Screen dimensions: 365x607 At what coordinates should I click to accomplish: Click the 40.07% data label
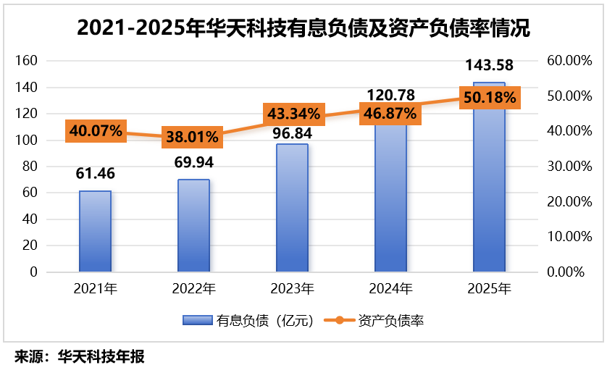tap(95, 131)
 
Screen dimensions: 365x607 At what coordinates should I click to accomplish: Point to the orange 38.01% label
tap(193, 138)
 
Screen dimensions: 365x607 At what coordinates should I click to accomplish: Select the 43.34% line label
tap(293, 114)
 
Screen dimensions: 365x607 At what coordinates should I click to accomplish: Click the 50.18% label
tap(489, 98)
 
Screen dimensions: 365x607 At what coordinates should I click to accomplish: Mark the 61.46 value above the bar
tap(95, 174)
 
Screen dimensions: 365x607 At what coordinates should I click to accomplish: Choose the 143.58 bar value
tap(489, 66)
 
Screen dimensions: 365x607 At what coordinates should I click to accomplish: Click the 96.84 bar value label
tap(292, 134)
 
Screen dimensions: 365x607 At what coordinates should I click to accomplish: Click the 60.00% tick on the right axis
tap(565, 61)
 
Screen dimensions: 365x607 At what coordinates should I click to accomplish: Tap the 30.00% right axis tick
tap(565, 166)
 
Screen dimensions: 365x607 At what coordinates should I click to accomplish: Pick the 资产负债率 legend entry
tap(380, 321)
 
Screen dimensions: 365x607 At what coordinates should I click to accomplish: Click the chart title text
tap(303, 28)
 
